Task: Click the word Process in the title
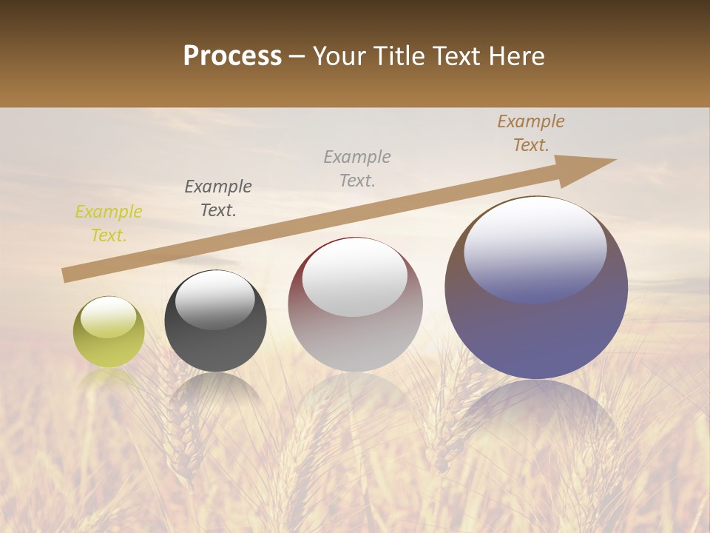tap(232, 56)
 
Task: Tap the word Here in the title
tap(516, 56)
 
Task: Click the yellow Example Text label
tap(109, 224)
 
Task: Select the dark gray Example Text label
tap(218, 198)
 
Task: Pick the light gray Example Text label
tap(357, 168)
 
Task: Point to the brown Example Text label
tap(531, 133)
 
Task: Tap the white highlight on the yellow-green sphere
tap(108, 317)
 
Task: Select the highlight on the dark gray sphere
tap(214, 302)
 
